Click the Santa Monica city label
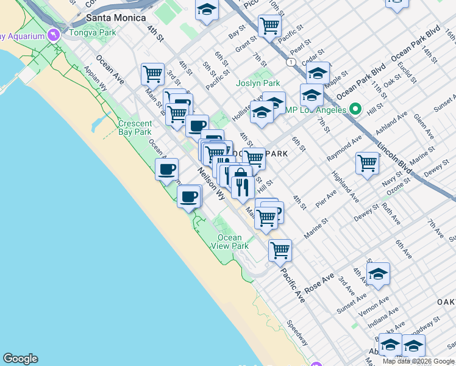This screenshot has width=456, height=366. click(110, 18)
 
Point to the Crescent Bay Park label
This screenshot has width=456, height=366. click(135, 127)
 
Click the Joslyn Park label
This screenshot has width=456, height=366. click(258, 83)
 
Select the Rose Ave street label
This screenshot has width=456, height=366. click(319, 284)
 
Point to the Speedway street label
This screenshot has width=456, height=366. click(297, 332)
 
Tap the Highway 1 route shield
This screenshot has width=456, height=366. click(292, 62)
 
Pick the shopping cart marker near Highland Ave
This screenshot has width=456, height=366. click(367, 163)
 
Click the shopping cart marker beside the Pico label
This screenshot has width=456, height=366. click(269, 26)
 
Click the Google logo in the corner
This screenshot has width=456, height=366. click(20, 359)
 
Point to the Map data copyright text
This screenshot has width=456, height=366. click(418, 361)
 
